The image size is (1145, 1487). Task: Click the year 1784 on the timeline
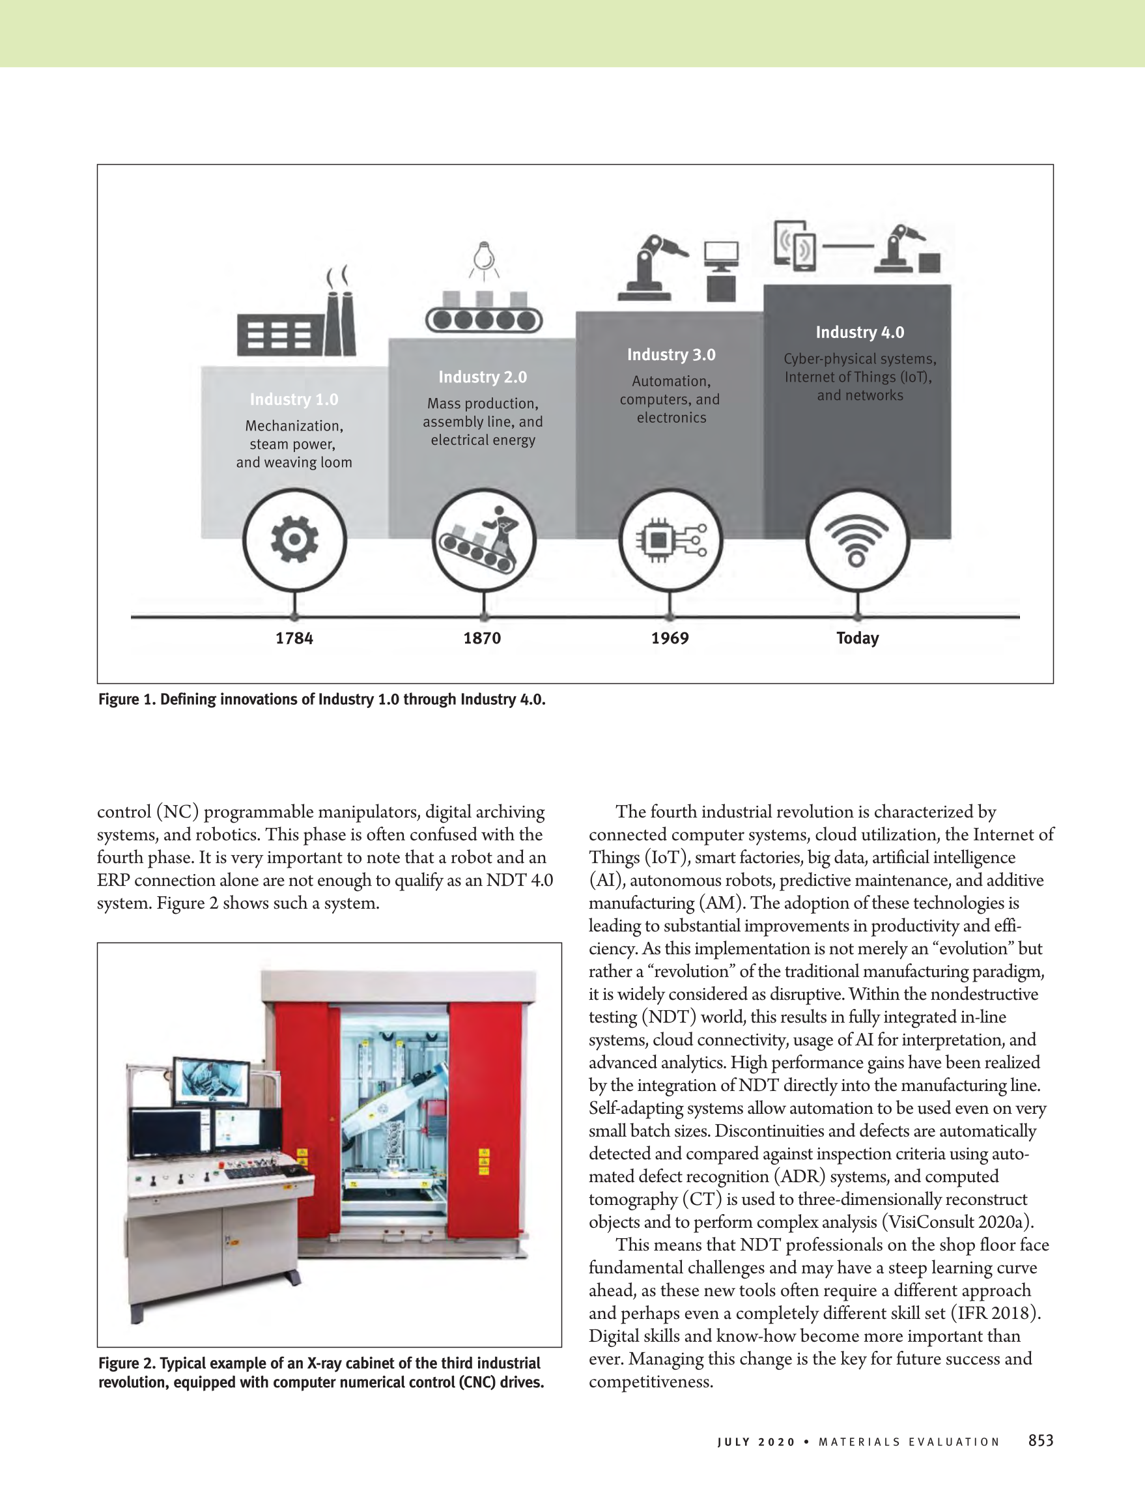tap(294, 638)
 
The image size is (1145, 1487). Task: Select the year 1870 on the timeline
tap(482, 638)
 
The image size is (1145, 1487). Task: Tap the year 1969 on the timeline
tap(670, 638)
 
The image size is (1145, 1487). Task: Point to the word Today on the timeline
tap(857, 638)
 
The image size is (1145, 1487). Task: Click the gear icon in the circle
tap(294, 539)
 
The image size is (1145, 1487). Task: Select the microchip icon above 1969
tap(670, 540)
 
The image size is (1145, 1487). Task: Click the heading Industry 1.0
tap(294, 400)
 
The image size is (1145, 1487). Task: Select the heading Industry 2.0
tap(483, 377)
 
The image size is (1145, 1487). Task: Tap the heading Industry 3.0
tap(671, 355)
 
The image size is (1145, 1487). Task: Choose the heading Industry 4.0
tap(860, 332)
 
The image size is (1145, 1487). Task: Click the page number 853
tap(1040, 1441)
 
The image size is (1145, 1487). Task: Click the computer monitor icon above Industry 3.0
tap(722, 256)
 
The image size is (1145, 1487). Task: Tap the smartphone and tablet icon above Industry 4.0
tap(795, 245)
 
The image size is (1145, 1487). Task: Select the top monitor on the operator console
tap(211, 1081)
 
